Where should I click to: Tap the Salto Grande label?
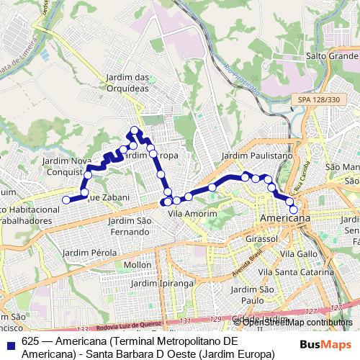coord(332,55)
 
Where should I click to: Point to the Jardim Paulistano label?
coord(257,156)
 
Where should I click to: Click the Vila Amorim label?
coord(192,214)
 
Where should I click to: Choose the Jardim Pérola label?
coord(94,253)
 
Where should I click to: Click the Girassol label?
coord(261,238)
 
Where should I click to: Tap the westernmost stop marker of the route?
coord(66,200)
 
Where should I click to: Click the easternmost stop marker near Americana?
coord(293,209)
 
